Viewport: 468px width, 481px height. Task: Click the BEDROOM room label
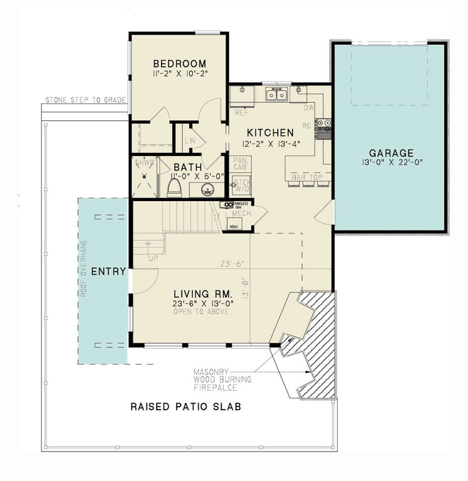(180, 63)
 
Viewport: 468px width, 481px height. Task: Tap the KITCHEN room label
(270, 133)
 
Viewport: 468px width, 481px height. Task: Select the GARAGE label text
(391, 153)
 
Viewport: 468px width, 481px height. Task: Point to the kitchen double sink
(276, 95)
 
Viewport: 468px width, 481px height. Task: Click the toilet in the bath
(176, 188)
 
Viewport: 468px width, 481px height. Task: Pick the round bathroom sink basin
(212, 187)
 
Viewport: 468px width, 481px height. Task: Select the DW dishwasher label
(308, 108)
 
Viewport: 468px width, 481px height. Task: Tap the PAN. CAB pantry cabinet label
(241, 163)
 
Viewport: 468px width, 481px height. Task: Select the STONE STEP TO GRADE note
(86, 100)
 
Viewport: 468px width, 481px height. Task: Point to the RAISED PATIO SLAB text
(185, 406)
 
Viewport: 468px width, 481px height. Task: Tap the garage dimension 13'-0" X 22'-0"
(390, 165)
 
